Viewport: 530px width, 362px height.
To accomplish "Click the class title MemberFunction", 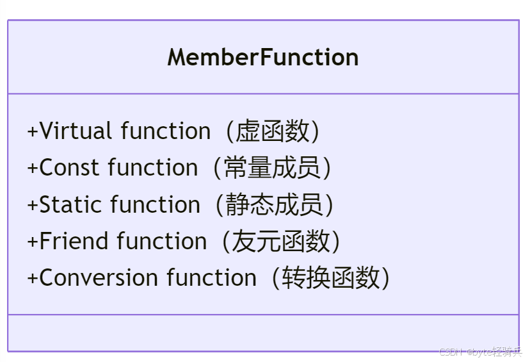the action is [x=263, y=58].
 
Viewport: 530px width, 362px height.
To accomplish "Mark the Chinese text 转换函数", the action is [x=330, y=278].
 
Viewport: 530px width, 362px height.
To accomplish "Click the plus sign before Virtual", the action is [x=33, y=131].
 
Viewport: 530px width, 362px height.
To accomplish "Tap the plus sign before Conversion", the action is [x=33, y=279].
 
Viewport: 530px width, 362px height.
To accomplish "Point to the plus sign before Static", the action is [x=33, y=206].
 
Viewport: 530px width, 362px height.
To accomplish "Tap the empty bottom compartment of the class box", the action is [x=263, y=333].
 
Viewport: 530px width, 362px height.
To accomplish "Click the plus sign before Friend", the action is [x=33, y=242].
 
